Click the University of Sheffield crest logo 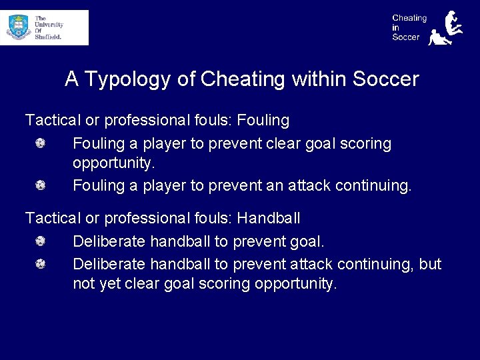[x=19, y=27]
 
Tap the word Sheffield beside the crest [x=48, y=37]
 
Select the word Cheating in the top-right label [x=409, y=18]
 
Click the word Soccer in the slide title [x=385, y=80]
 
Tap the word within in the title [x=319, y=80]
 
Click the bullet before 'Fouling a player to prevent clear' [x=41, y=143]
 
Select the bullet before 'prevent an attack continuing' [x=41, y=185]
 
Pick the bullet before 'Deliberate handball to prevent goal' [x=41, y=241]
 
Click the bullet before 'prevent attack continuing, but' [x=41, y=264]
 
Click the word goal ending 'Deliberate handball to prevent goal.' [x=307, y=241]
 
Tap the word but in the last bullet [x=430, y=264]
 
